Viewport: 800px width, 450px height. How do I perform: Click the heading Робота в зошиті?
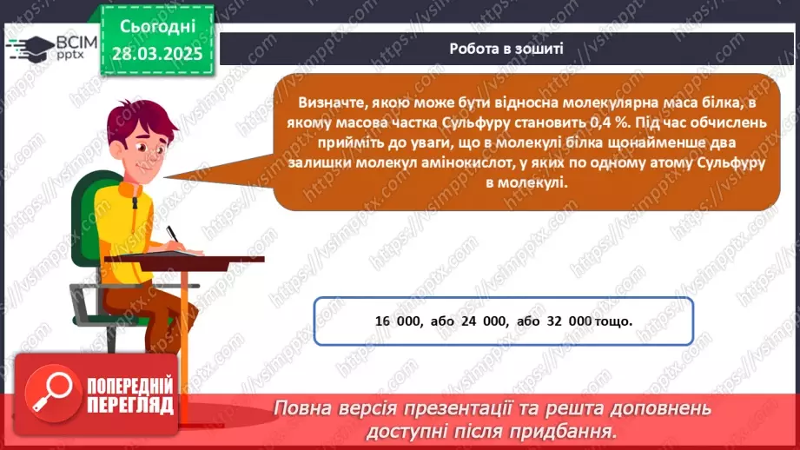pyautogui.click(x=506, y=49)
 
